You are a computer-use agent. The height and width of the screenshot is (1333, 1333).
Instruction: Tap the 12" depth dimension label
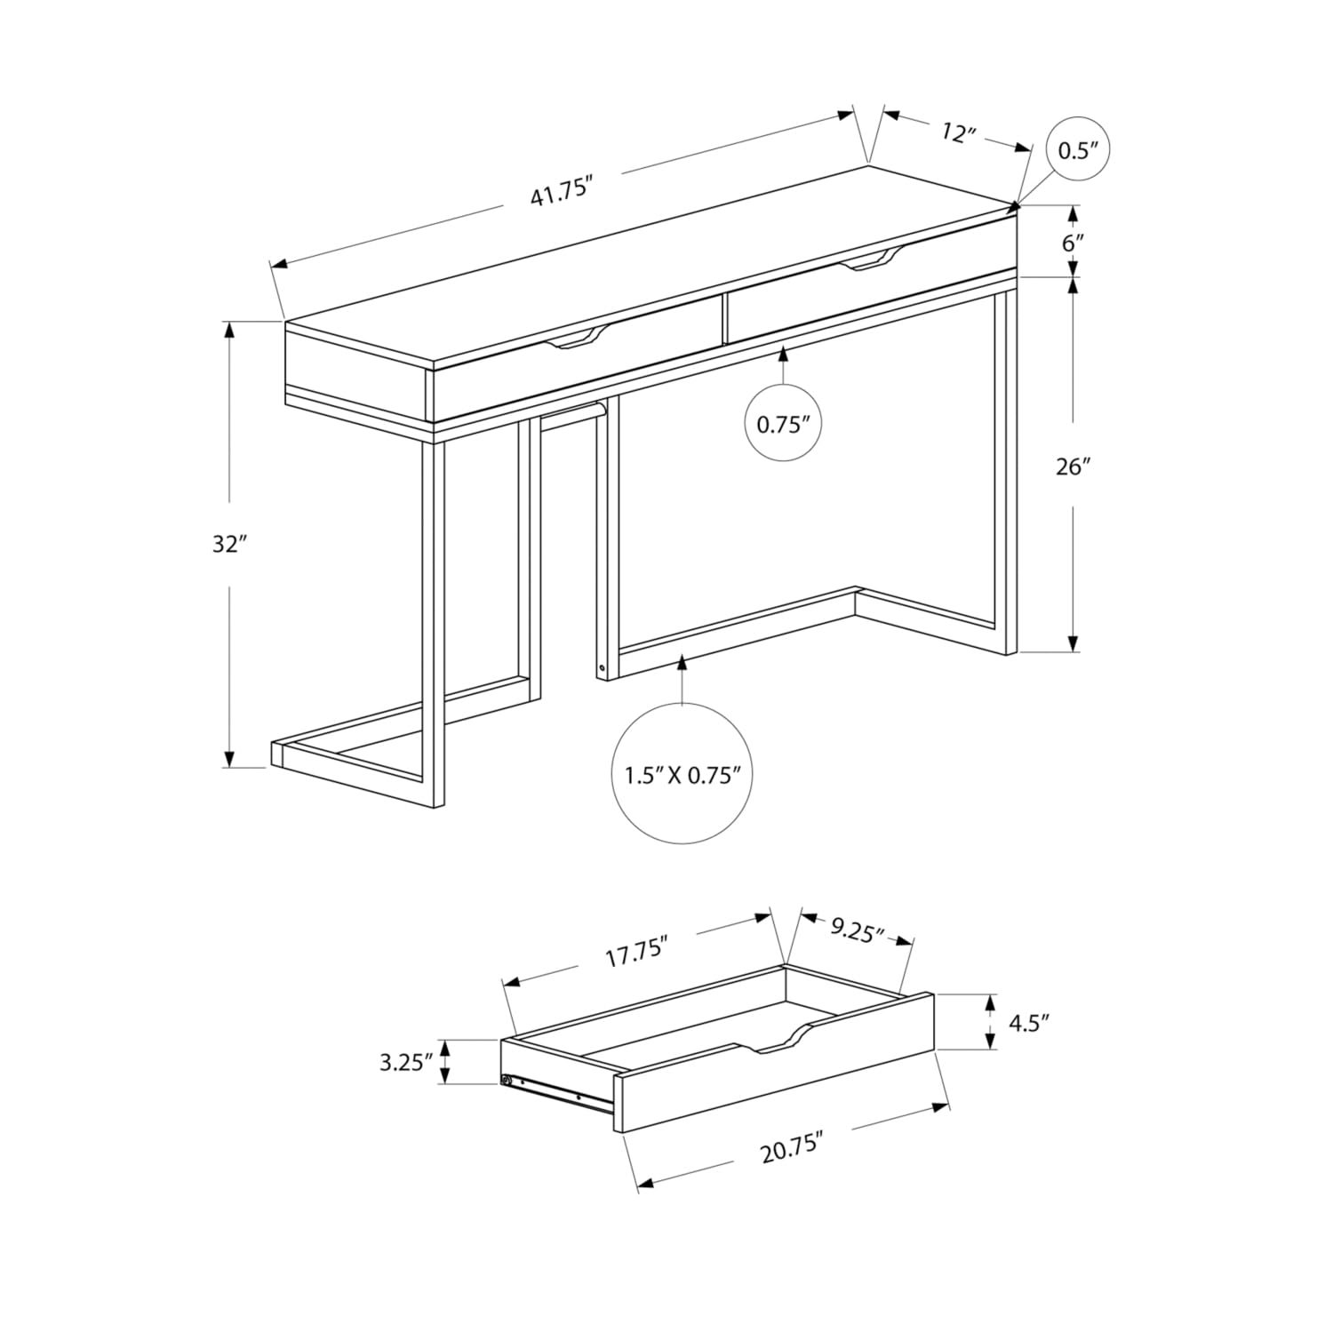958,133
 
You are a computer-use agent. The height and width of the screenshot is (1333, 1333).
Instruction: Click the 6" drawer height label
1074,243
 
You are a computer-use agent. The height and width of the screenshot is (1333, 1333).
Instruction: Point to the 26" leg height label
1073,466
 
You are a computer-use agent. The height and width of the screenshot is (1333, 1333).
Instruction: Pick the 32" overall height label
228,544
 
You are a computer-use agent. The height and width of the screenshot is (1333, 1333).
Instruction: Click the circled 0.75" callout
783,424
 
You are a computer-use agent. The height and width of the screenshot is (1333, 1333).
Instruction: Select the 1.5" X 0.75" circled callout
682,775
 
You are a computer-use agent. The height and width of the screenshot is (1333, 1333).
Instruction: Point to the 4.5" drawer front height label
1028,1022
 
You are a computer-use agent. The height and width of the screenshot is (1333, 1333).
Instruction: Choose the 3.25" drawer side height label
405,1061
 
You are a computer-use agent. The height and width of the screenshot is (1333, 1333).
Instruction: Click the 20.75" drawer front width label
787,1152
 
